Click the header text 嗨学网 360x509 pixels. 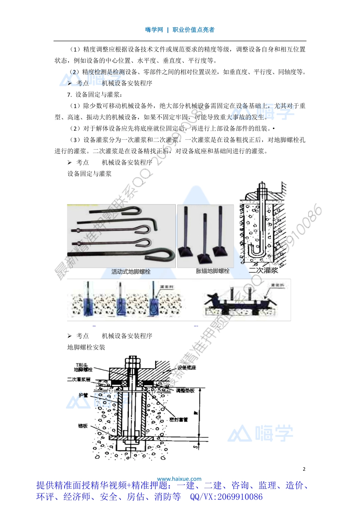[154, 30]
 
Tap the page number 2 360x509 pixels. [304, 469]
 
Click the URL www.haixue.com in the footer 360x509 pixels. [179, 479]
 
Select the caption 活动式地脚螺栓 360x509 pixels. [131, 272]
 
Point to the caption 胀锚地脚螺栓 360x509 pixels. [213, 271]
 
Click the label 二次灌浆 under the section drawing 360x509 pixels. [263, 270]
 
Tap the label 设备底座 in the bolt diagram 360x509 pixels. [186, 368]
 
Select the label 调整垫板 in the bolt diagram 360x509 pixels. [185, 390]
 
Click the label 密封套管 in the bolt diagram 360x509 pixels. [178, 420]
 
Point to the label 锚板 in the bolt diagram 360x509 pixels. [83, 426]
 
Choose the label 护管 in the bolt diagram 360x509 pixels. [83, 395]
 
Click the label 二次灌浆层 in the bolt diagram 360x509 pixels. [79, 379]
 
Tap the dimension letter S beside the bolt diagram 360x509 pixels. [196, 447]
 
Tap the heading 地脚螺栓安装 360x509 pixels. [86, 347]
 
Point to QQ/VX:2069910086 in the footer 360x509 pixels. [226, 497]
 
